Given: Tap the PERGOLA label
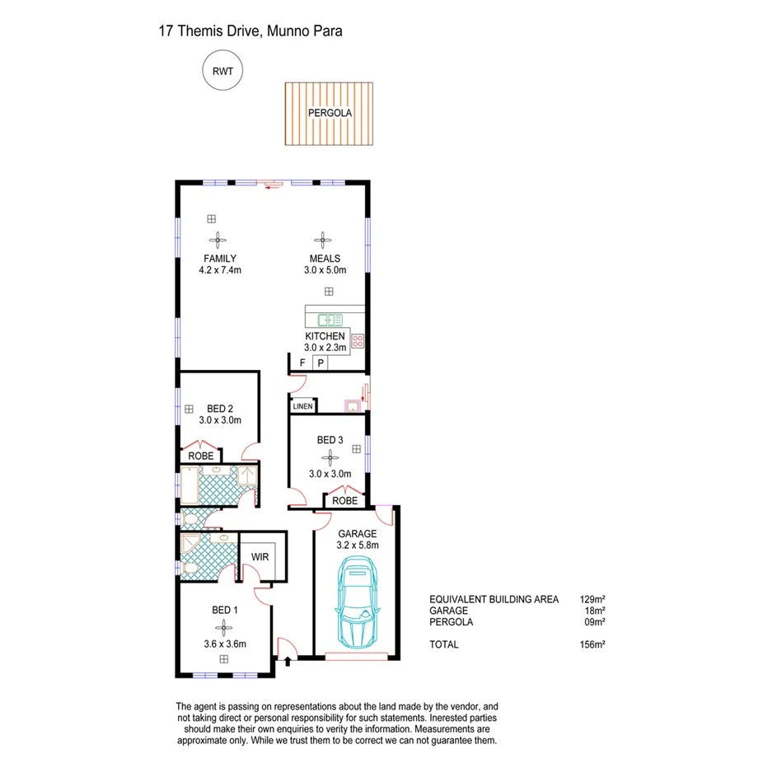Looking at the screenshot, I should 330,113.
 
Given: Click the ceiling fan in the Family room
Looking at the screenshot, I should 218,241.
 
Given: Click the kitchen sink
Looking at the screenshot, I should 331,318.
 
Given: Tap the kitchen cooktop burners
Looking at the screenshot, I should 358,340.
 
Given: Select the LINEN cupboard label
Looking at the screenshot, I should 302,405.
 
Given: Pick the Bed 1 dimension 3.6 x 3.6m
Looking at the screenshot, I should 224,644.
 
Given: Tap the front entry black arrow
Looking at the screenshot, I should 288,659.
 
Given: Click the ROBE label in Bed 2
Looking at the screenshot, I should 201,456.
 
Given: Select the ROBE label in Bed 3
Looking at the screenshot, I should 344,500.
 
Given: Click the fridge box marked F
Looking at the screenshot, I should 302,363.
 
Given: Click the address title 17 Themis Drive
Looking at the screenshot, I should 250,31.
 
